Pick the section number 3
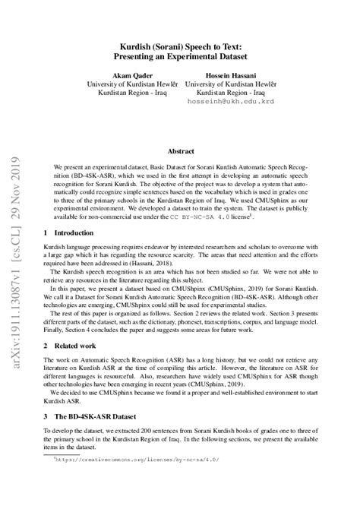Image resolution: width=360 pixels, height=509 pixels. coord(47,438)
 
